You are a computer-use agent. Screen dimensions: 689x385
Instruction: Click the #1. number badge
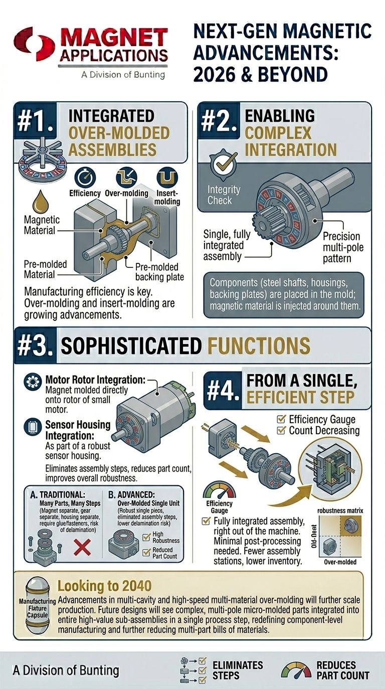(x=35, y=124)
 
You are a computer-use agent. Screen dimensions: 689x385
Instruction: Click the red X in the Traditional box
(x=82, y=548)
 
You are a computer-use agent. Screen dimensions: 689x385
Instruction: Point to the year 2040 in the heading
(x=130, y=585)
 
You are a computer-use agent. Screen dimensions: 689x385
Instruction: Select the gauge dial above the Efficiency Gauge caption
(x=219, y=489)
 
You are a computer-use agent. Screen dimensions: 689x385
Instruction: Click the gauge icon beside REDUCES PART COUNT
(x=296, y=670)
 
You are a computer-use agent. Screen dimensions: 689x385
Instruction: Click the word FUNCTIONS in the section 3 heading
(x=256, y=346)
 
